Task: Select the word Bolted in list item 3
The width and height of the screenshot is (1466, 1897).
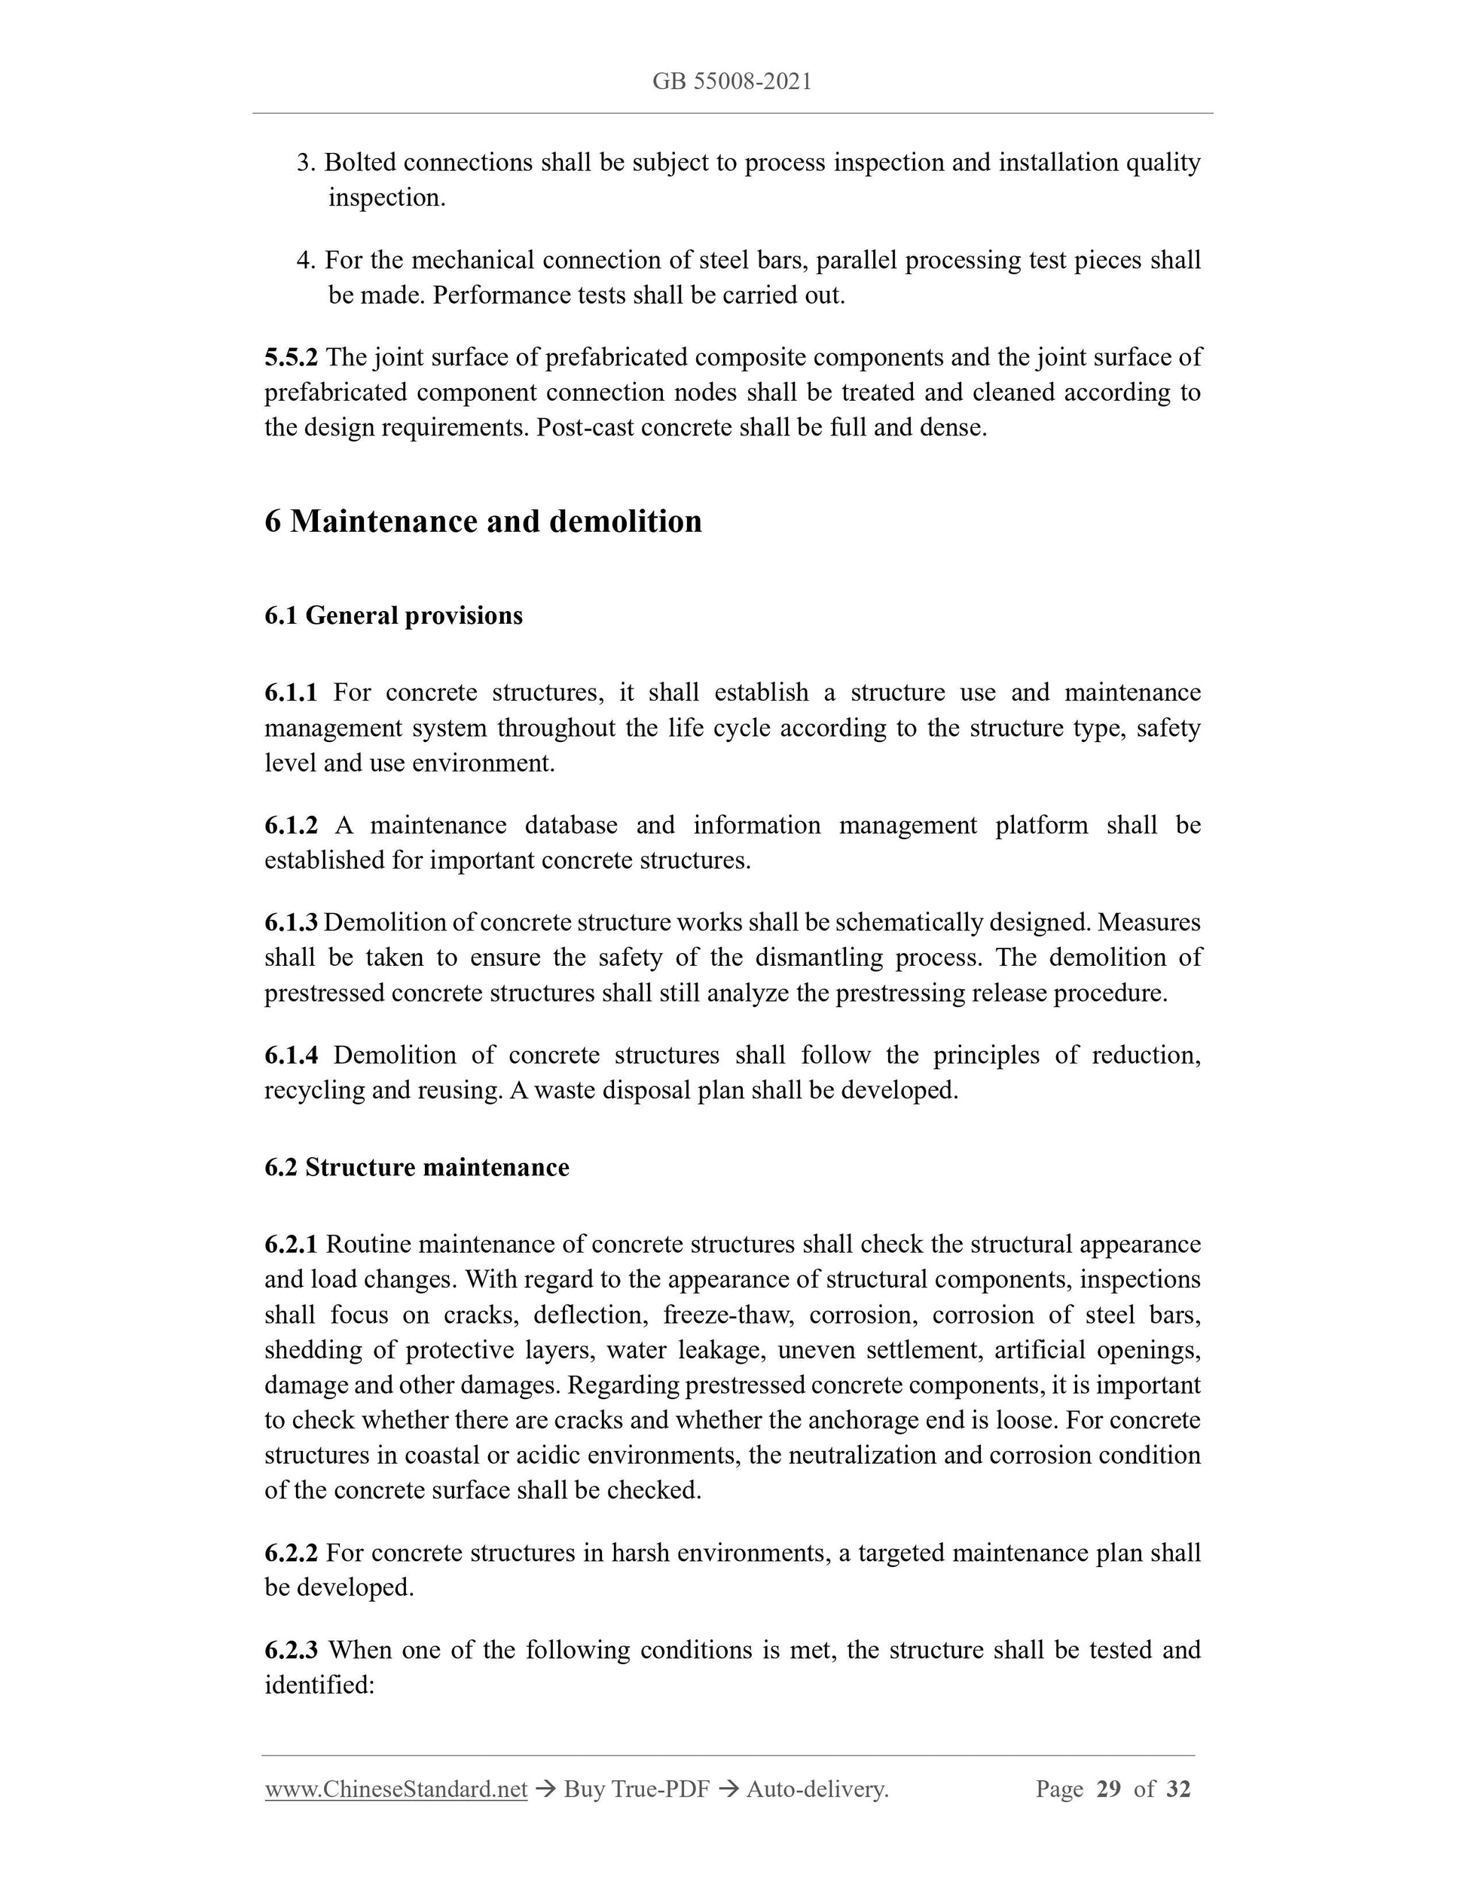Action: pyautogui.click(x=359, y=163)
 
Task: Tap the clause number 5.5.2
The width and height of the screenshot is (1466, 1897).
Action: pyautogui.click(x=291, y=357)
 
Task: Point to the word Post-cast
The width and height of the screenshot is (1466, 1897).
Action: pyautogui.click(x=585, y=427)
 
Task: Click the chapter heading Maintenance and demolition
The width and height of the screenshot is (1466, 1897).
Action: pyautogui.click(x=495, y=521)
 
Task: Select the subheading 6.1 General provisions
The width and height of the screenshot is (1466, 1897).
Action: pyautogui.click(x=393, y=615)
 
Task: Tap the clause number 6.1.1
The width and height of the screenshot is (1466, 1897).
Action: pyautogui.click(x=291, y=692)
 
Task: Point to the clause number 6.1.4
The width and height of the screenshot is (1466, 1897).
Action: pyautogui.click(x=291, y=1055)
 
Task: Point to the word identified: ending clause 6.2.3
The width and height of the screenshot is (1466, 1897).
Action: pyautogui.click(x=319, y=1685)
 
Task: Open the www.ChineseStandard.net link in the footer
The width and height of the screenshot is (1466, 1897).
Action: pyautogui.click(x=396, y=1789)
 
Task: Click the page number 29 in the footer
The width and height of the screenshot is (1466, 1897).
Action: pyautogui.click(x=1109, y=1789)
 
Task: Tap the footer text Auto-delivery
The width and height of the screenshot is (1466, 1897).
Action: pyautogui.click(x=817, y=1789)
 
